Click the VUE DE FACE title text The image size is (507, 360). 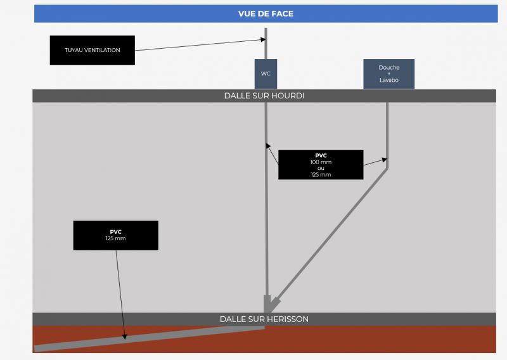266,13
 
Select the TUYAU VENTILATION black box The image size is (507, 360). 93,50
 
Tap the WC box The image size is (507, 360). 266,74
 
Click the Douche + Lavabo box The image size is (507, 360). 389,74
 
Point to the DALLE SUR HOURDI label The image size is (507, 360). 264,96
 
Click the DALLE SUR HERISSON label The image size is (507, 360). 264,319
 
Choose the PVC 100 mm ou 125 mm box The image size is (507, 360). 321,165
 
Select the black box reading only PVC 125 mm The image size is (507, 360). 115,235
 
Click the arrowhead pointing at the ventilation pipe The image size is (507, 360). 262,40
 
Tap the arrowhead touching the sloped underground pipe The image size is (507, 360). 124,337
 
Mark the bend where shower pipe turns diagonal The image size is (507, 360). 387,167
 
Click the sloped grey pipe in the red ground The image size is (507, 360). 152,337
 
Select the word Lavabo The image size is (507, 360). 389,80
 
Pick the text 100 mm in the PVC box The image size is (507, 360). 321,162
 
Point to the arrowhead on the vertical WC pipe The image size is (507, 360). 268,144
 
